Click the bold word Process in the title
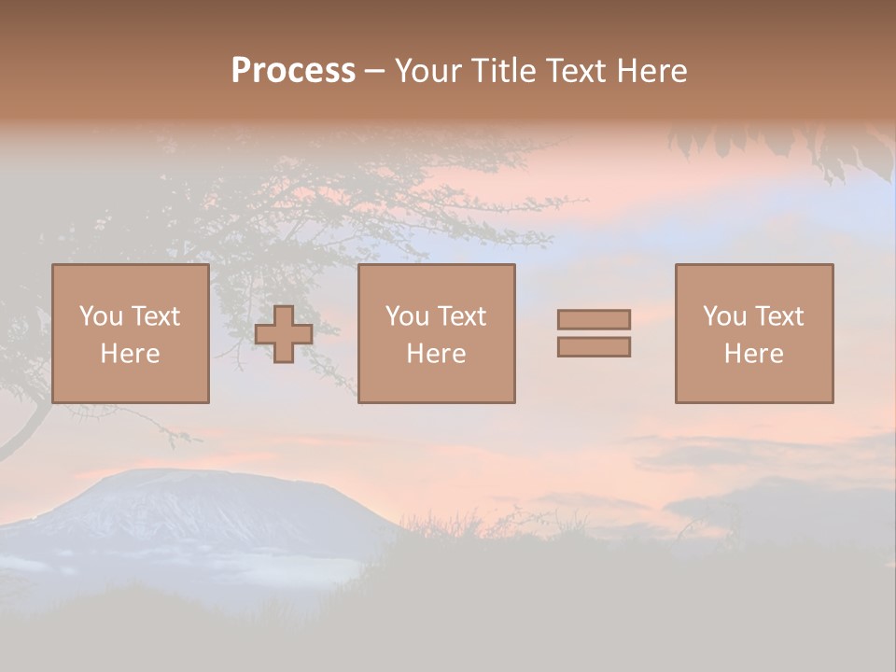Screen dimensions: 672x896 [x=293, y=71]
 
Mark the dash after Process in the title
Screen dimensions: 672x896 [x=375, y=72]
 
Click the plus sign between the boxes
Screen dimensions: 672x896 [x=284, y=334]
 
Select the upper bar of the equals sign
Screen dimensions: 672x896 [x=594, y=319]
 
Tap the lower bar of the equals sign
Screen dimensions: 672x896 [x=594, y=347]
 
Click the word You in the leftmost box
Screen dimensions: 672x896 [x=101, y=316]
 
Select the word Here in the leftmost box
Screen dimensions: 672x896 [x=131, y=354]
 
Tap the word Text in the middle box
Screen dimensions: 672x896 [x=462, y=316]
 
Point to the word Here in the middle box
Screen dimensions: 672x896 [x=437, y=354]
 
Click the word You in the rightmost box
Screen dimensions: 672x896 [x=724, y=316]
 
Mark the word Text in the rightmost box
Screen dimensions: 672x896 [x=779, y=316]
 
